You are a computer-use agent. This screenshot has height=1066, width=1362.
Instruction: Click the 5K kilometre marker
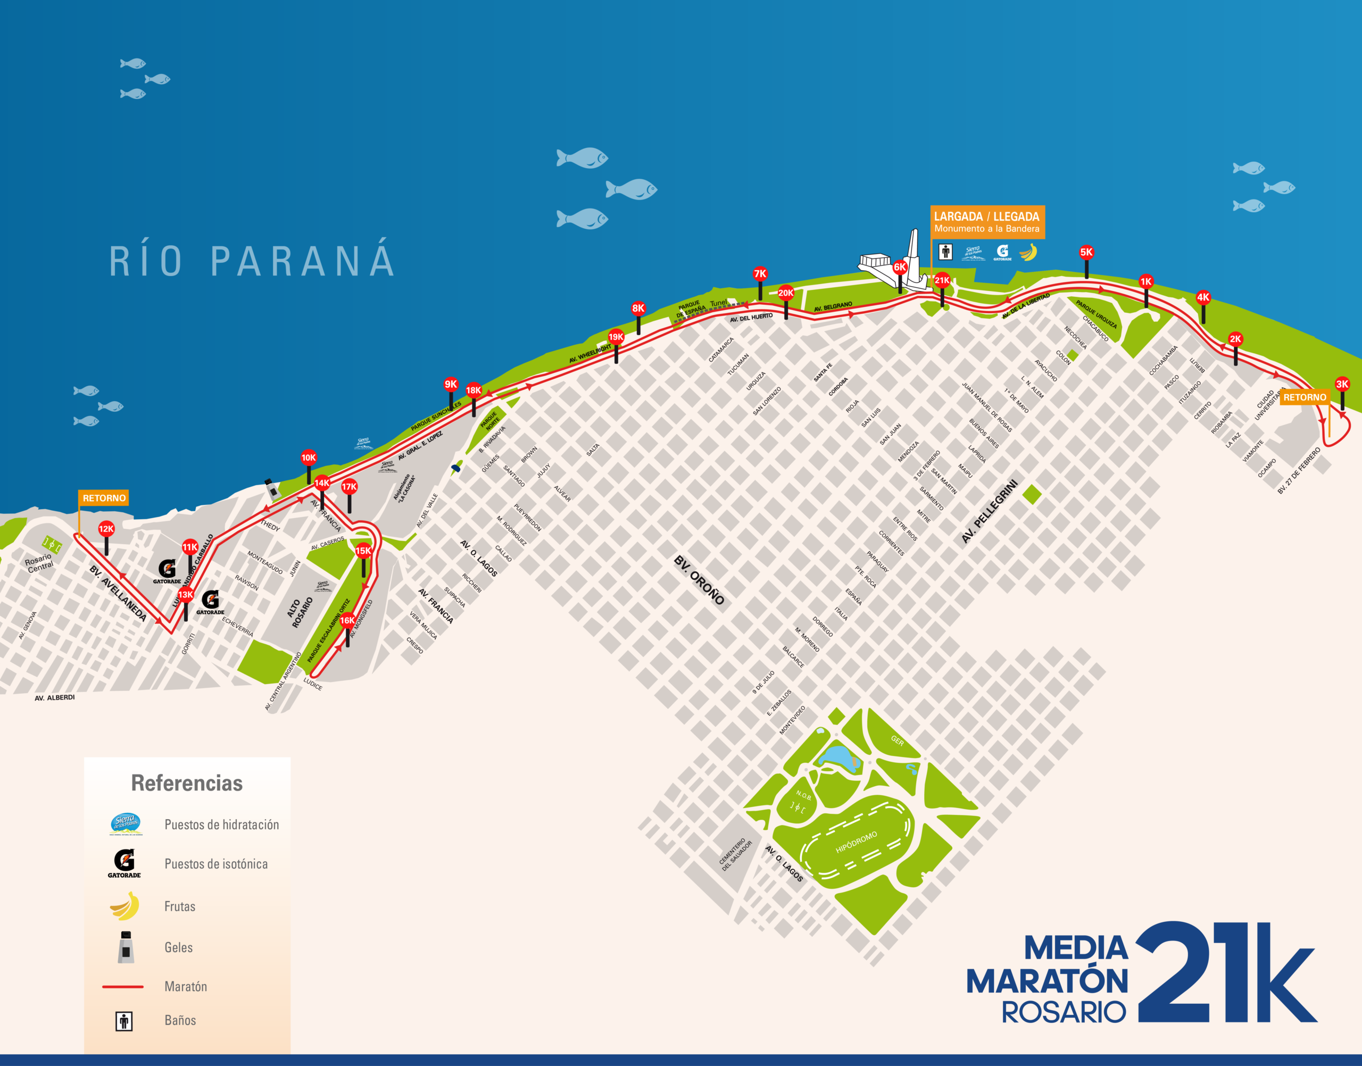pos(1086,253)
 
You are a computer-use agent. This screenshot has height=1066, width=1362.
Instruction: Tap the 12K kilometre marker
pos(106,529)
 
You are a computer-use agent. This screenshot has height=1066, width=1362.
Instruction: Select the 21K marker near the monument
pos(942,281)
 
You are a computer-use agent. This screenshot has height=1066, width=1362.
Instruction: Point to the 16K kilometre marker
pos(347,620)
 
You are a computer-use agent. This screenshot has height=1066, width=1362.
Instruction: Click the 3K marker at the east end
pos(1342,385)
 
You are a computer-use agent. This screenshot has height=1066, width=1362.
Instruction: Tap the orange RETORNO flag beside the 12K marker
pos(104,498)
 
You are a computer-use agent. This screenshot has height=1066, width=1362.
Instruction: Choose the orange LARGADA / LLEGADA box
pos(987,222)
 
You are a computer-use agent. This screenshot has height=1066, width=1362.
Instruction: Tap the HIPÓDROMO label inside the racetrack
pos(857,843)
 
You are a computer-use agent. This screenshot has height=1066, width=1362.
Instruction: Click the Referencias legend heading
pos(187,783)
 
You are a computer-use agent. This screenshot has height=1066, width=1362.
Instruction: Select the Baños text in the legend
pos(180,1020)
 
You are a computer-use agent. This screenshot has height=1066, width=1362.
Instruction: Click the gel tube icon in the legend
pos(126,947)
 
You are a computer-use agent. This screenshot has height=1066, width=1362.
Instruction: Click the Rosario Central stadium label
pos(39,562)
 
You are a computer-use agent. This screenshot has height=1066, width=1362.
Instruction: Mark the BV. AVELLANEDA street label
pos(118,594)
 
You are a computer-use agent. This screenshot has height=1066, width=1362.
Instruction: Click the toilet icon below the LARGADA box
pos(945,252)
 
